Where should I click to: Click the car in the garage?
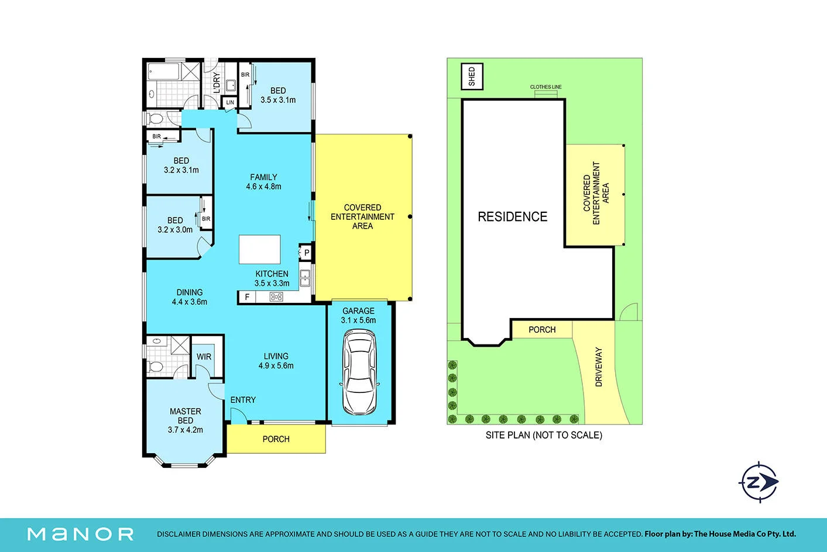[359, 372]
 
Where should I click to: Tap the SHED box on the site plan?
[472, 77]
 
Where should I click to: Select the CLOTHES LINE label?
[545, 87]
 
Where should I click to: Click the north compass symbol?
[759, 482]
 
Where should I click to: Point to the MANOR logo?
[80, 534]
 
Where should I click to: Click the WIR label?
[204, 357]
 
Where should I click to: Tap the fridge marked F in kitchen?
[247, 297]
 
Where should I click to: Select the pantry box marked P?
[306, 253]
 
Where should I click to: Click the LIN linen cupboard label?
[229, 102]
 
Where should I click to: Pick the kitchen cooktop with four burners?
[276, 297]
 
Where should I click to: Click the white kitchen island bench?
[259, 249]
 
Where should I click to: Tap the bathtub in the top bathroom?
[163, 71]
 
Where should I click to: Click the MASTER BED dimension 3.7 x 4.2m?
[186, 430]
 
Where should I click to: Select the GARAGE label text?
[358, 311]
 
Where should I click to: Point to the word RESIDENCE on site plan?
[513, 217]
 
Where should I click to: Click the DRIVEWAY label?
[599, 367]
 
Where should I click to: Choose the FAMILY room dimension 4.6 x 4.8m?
[263, 187]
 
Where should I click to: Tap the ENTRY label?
[243, 400]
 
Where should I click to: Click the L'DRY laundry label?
[217, 83]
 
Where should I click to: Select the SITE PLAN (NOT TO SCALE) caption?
[544, 435]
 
